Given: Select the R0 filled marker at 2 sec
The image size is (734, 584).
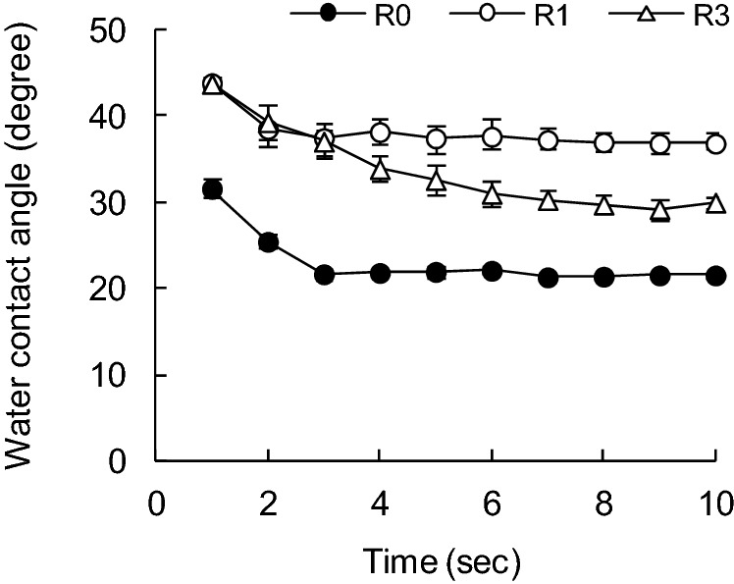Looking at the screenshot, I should coord(268,241).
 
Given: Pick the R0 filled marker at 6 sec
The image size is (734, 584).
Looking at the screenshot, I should coord(493,272).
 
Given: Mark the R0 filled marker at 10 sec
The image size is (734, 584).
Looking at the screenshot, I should coord(716,276).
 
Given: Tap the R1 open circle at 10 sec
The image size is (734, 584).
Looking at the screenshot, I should coord(716,143).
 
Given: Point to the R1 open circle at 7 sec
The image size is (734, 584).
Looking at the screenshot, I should coord(549,140).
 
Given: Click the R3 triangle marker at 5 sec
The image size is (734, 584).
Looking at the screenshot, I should coord(437,181).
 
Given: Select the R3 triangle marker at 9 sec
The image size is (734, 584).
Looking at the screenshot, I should coord(660,209).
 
